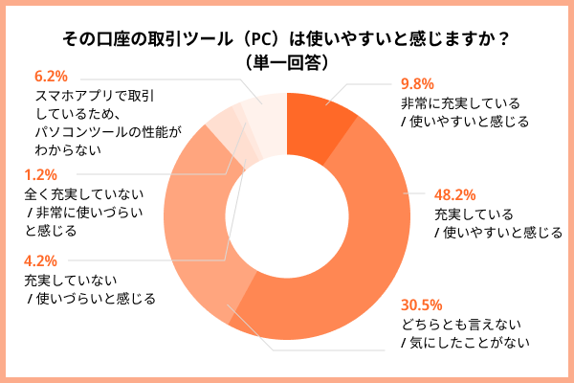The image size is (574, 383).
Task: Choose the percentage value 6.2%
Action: pos(51,74)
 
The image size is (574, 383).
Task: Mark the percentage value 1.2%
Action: pos(40,174)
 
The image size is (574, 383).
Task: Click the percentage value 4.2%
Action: pos(40,259)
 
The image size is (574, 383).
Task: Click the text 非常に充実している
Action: pos(460,103)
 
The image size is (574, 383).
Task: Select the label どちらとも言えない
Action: pos(460,324)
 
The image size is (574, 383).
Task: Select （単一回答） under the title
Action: pos(287,62)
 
